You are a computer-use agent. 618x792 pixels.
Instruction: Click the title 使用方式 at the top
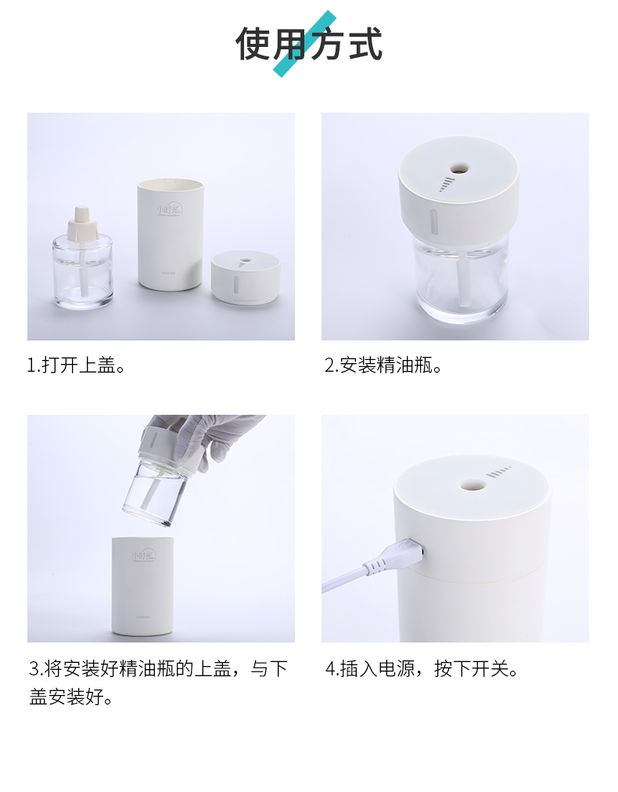coord(309,44)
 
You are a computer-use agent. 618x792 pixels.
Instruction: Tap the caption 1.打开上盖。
coord(77,365)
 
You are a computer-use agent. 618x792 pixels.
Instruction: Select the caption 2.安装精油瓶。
coord(384,365)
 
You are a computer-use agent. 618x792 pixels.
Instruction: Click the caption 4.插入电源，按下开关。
coord(422,669)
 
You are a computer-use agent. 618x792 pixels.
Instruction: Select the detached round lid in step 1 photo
coord(245,278)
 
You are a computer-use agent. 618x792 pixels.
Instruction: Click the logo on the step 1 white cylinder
coord(167,211)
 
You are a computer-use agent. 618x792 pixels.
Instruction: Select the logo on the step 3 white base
coord(144,555)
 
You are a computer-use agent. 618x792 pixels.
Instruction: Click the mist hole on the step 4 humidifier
coord(471,484)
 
